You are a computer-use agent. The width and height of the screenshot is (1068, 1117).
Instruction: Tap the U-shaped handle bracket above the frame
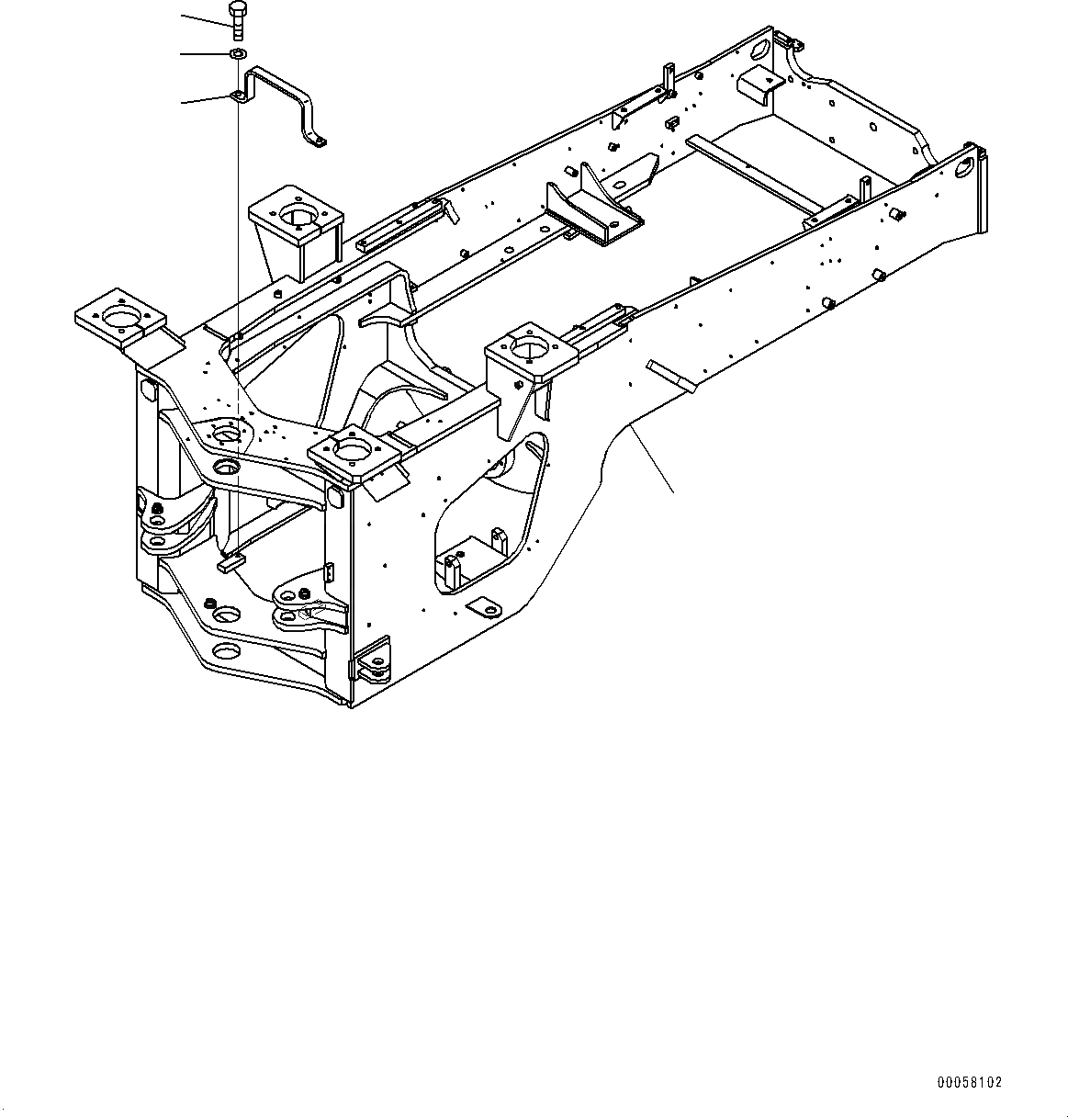[x=285, y=102]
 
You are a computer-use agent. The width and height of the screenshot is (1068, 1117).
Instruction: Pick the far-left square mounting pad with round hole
[x=119, y=318]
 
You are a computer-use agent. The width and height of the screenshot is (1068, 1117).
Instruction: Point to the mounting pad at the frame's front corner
[x=354, y=452]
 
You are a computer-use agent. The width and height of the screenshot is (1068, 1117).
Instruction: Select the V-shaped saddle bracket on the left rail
[x=591, y=213]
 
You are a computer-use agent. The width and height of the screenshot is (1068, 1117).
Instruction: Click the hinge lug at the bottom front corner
[x=372, y=667]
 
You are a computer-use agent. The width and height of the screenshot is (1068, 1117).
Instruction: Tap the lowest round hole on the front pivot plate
[x=226, y=654]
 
